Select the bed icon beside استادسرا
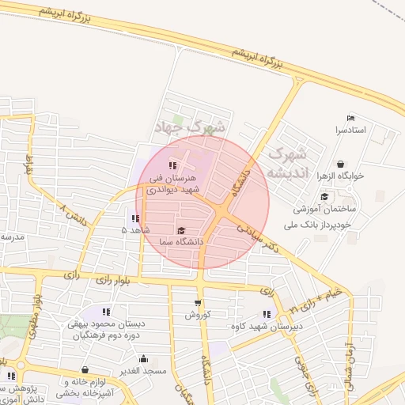(351, 119)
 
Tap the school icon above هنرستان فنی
(172, 165)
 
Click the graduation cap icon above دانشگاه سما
(181, 230)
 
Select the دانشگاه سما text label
(181, 240)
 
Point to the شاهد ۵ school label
(134, 229)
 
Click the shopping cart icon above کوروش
(197, 303)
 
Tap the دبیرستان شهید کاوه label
(266, 326)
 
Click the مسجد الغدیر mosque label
(143, 371)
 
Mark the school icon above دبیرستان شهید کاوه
(266, 315)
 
